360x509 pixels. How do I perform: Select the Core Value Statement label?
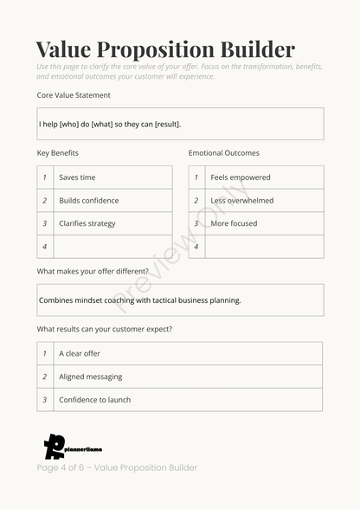point(74,95)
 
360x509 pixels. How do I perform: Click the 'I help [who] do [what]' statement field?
point(180,124)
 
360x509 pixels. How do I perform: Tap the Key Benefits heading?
point(58,153)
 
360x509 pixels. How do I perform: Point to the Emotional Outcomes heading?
point(223,153)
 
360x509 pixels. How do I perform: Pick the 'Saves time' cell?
point(112,177)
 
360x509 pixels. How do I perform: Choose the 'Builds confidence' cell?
point(112,201)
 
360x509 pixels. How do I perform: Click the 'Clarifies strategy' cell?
point(112,223)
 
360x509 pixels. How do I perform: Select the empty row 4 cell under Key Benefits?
point(112,247)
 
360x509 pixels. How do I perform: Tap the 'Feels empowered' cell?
point(264,177)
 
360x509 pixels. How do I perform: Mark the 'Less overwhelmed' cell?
point(264,201)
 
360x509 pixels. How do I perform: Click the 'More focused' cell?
point(264,223)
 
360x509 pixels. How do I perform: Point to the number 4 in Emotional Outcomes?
point(196,247)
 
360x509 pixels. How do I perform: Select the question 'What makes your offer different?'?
point(93,271)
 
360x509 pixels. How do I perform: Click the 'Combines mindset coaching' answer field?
point(180,300)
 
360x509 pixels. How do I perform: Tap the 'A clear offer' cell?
point(187,353)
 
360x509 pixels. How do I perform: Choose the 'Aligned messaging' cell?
point(187,377)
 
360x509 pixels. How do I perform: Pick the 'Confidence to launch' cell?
point(187,400)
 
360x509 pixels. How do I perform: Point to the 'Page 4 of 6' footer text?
point(117,467)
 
